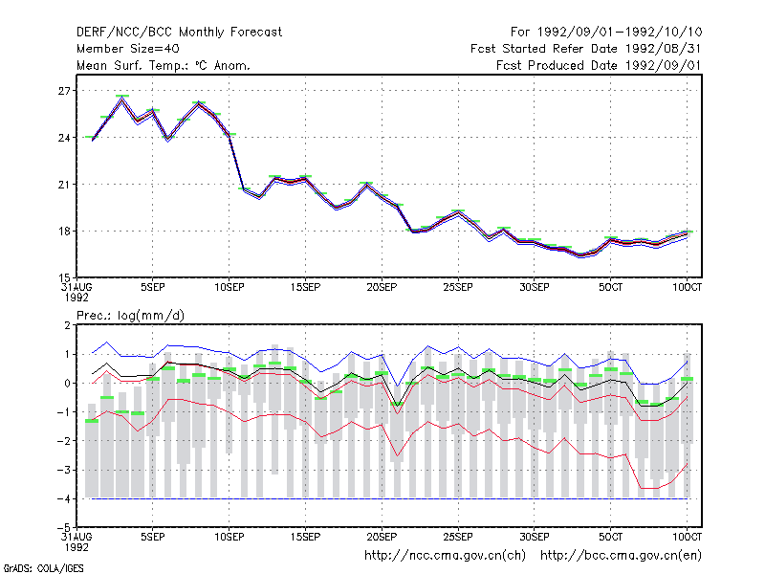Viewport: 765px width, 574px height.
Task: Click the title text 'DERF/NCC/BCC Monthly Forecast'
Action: [179, 33]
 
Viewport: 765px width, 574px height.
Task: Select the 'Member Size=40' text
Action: [128, 49]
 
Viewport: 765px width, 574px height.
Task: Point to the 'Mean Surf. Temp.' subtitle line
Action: [164, 65]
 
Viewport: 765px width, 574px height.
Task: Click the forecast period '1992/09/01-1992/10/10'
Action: [620, 33]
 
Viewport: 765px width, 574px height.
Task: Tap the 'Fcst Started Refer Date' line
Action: [586, 49]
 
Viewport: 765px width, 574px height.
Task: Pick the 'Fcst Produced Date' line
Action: [599, 65]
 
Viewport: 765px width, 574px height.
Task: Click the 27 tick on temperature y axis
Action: [65, 91]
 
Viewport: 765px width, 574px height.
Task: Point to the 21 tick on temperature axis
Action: [65, 185]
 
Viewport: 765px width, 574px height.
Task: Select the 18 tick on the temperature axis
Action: [65, 232]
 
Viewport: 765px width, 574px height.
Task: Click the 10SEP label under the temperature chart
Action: [229, 288]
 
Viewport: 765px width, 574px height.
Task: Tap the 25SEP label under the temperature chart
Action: [458, 288]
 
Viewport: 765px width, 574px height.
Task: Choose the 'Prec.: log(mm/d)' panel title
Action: [130, 316]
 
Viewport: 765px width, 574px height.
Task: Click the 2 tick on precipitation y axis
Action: [68, 325]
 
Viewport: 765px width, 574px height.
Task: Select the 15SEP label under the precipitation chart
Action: [305, 537]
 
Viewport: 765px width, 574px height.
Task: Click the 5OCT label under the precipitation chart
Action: [611, 537]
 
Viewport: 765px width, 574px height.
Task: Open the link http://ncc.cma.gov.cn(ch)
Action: [445, 556]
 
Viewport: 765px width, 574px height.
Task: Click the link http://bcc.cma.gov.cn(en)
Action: [621, 556]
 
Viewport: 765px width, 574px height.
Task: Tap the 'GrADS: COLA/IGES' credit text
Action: [43, 568]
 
